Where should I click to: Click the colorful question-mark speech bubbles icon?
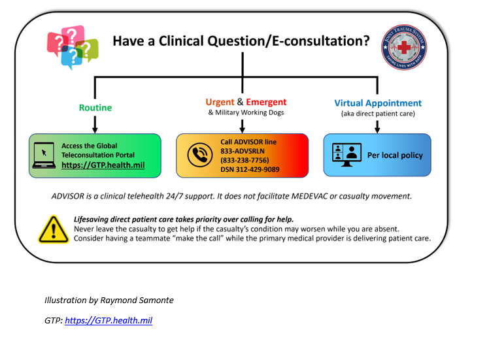[72, 46]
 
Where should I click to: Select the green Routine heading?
[95, 107]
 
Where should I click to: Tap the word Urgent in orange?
[219, 102]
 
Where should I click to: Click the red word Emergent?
[266, 102]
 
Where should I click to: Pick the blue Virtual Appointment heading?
[378, 103]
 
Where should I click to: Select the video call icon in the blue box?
[347, 155]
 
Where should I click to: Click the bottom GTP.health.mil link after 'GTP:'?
[109, 321]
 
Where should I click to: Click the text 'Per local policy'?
[395, 155]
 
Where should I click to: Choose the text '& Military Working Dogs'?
[246, 112]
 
